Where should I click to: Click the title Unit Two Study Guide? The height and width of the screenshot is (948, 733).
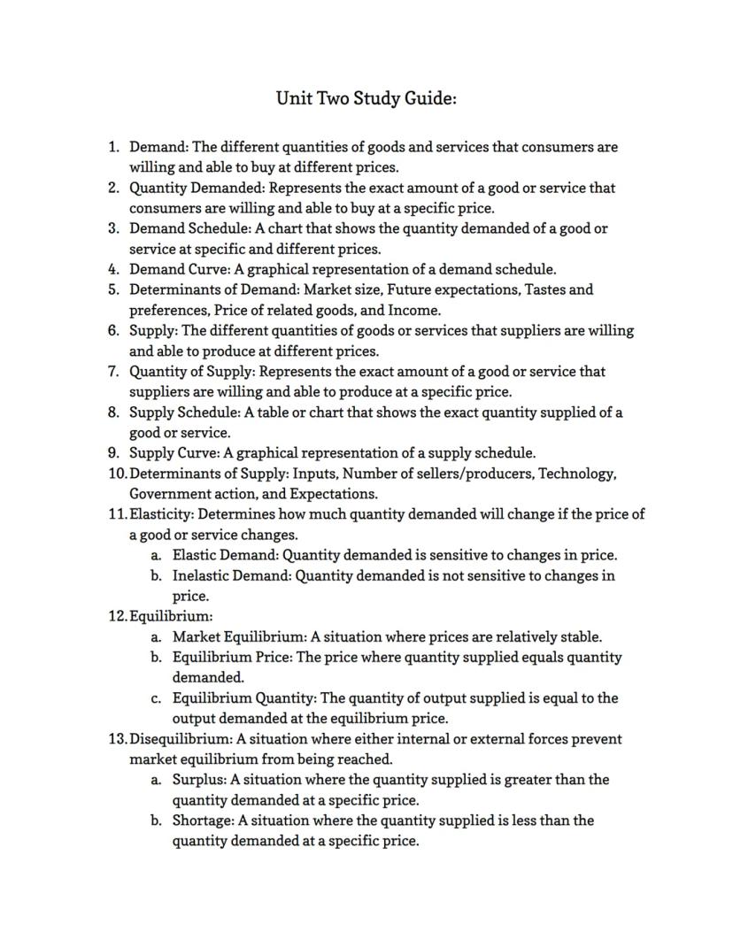click(366, 98)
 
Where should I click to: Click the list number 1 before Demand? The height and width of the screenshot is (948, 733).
click(112, 147)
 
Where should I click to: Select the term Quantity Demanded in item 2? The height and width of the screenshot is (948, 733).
click(197, 188)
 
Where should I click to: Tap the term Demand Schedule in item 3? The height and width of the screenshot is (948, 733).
click(184, 228)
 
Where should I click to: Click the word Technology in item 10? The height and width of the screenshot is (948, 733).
click(580, 474)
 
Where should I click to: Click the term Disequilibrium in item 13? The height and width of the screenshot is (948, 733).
click(180, 739)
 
